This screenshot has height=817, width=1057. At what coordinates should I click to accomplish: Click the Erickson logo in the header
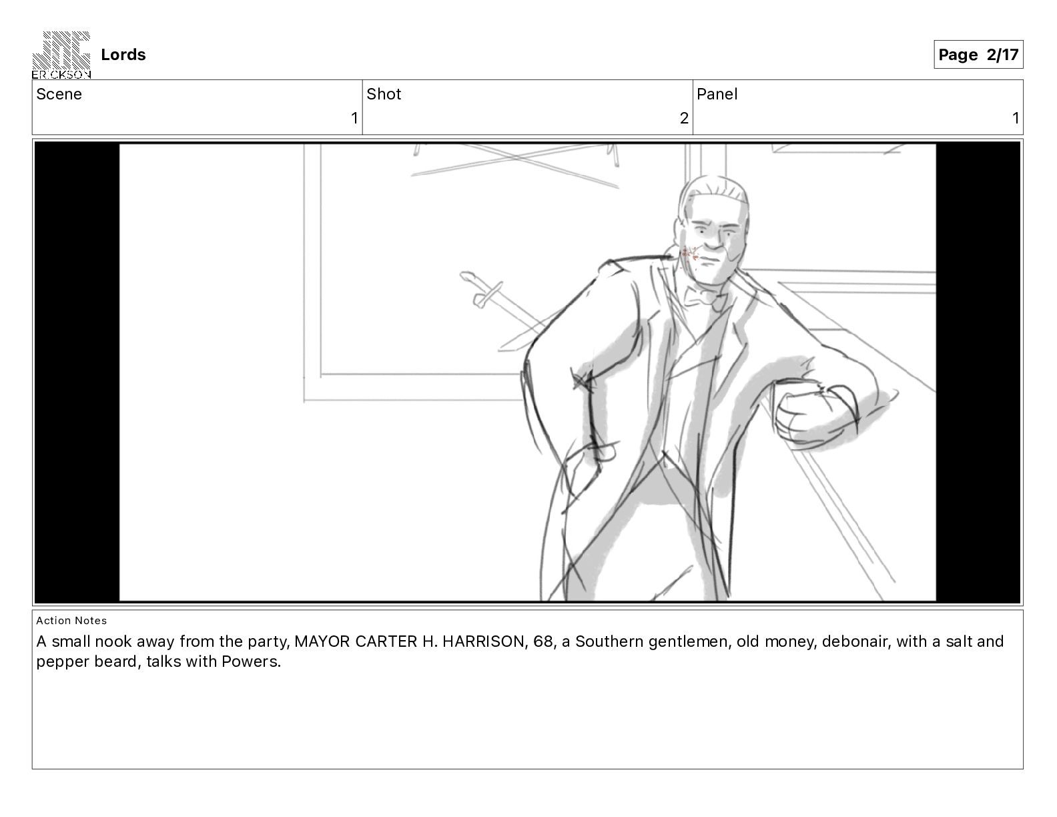coord(61,55)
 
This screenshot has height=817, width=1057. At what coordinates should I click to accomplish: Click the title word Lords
coord(123,55)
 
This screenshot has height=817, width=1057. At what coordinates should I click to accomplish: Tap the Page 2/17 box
coord(978,55)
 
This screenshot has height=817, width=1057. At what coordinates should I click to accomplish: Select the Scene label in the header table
coord(59,94)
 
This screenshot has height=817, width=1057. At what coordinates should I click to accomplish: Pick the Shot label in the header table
coord(384,94)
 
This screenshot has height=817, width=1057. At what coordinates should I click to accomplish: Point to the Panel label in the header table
coord(717,94)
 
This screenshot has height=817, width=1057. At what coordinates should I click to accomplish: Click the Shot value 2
coord(684,118)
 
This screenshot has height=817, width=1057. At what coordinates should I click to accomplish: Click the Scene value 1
coord(354,118)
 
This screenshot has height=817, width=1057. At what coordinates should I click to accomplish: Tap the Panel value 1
coord(1016,118)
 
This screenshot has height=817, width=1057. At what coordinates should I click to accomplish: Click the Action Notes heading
coord(71,621)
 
